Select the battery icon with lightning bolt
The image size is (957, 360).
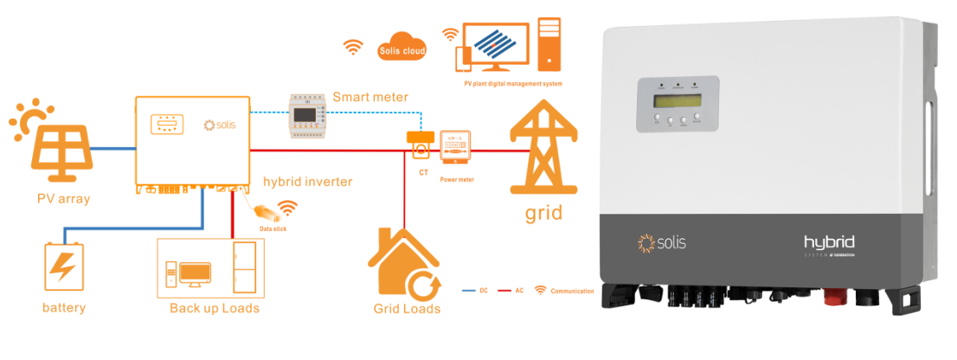63,269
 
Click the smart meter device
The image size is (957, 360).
309,116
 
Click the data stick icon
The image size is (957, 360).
265,210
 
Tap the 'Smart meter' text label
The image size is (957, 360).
370,97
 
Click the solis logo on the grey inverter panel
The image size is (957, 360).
661,242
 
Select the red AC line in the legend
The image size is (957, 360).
501,291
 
